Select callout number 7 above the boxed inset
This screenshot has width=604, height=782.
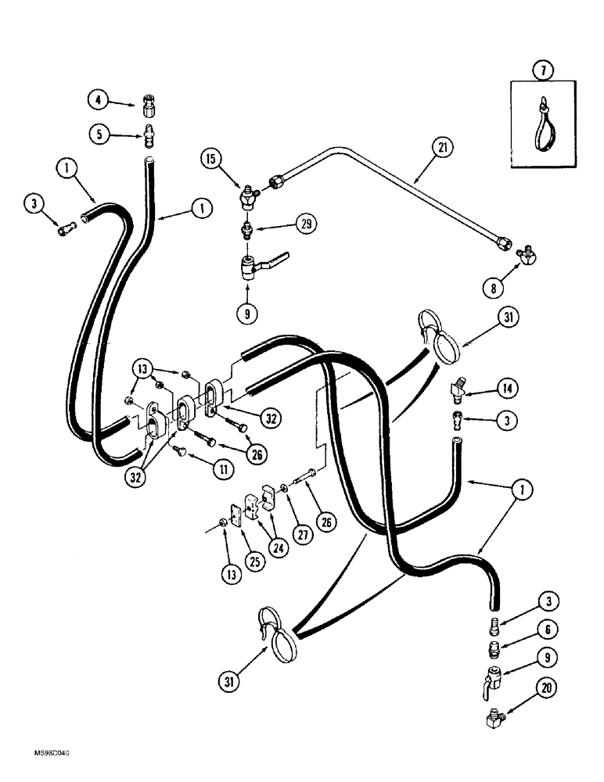pos(543,72)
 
